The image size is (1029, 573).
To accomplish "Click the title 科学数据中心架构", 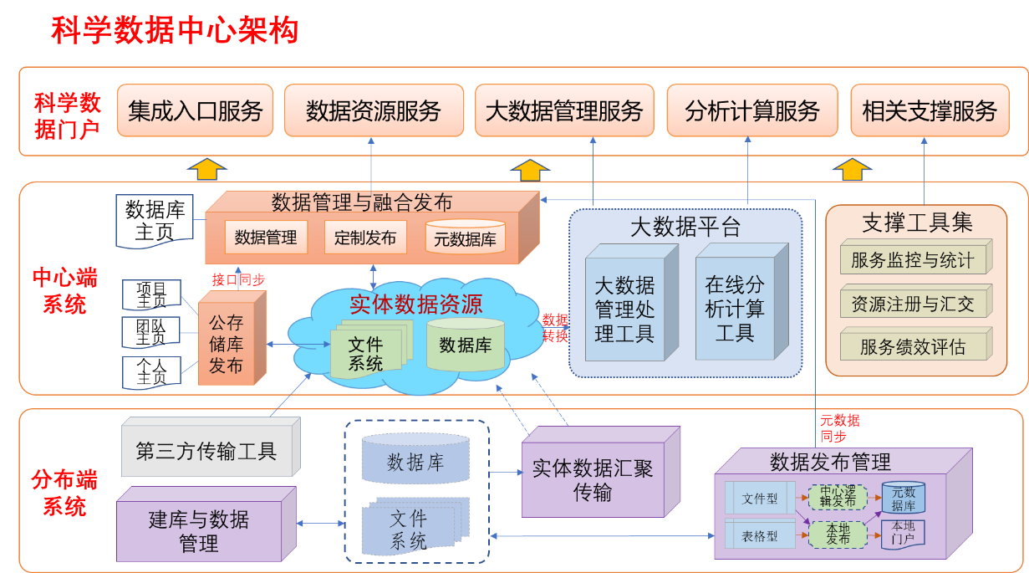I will (x=175, y=31).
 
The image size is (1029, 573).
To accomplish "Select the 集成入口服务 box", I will (x=195, y=110).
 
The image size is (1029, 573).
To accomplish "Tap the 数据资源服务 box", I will (x=373, y=110).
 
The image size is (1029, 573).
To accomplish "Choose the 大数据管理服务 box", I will (x=564, y=110).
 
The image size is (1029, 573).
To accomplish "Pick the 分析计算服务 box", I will (x=751, y=110).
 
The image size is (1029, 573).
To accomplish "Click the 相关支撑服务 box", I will (x=930, y=110).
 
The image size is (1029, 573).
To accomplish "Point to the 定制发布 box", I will (x=364, y=238).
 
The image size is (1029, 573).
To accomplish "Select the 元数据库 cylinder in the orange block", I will (x=465, y=238).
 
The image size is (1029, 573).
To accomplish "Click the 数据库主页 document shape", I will (x=154, y=220).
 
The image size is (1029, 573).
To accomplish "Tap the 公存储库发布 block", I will (x=226, y=344).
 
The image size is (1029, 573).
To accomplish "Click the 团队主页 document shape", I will (x=151, y=332).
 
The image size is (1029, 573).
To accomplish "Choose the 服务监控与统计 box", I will (x=912, y=260).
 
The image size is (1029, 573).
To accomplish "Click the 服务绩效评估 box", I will (x=912, y=346).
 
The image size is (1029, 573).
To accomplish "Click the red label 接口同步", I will (x=238, y=280).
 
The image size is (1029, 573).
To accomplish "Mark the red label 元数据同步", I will (x=839, y=428).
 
